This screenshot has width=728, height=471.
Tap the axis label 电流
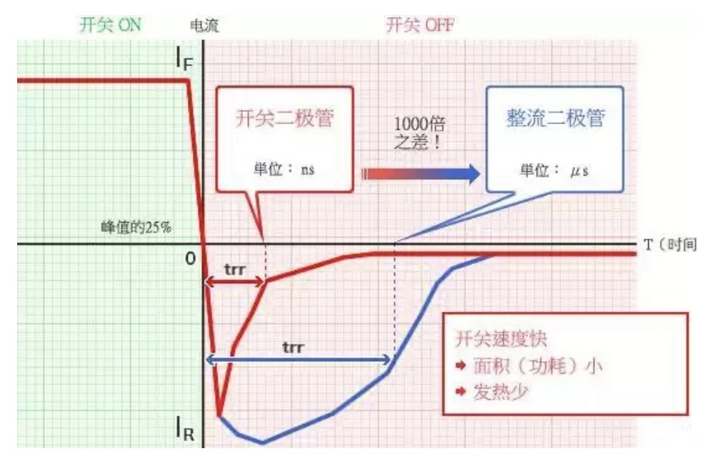point(204,26)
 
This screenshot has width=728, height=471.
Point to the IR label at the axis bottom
point(185,429)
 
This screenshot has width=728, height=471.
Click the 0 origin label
point(190,258)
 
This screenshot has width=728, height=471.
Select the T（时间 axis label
point(670,245)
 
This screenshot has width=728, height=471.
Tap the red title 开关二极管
point(284,118)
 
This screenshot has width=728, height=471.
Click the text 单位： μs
point(554,171)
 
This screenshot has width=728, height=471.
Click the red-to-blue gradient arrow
point(421,173)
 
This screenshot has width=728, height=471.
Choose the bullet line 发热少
point(499,392)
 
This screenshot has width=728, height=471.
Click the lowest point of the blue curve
point(263,442)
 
